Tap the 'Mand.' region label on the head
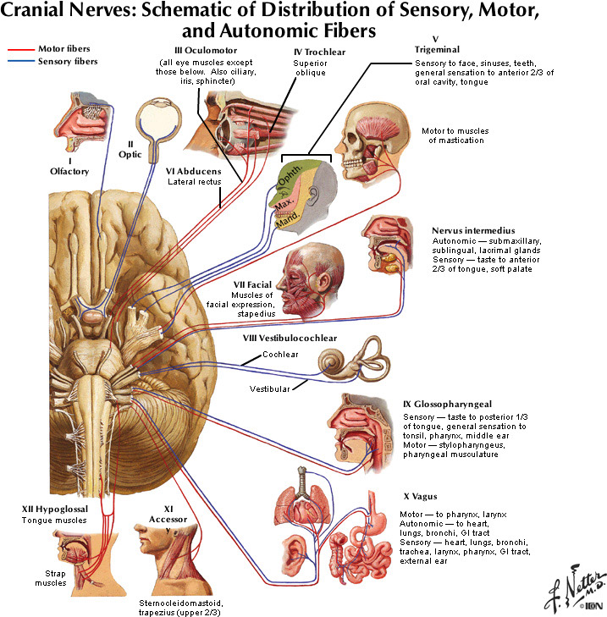click(x=288, y=223)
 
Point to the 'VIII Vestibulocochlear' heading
click(x=290, y=338)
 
